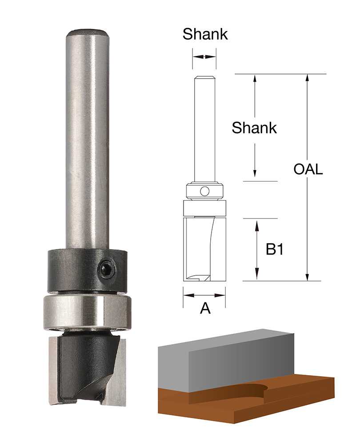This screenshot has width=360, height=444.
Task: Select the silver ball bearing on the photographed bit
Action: click(x=87, y=312)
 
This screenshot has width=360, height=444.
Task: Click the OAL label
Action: click(x=308, y=170)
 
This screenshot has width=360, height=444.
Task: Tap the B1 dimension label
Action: click(x=275, y=250)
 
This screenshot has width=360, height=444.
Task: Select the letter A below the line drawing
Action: click(x=205, y=309)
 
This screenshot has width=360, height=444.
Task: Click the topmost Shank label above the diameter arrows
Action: click(x=205, y=34)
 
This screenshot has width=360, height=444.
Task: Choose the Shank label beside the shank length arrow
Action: click(x=254, y=128)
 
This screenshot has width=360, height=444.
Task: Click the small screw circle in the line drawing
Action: click(x=204, y=191)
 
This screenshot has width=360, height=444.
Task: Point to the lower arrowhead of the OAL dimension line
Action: click(x=307, y=276)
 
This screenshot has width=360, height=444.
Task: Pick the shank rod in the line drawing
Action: click(x=204, y=129)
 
